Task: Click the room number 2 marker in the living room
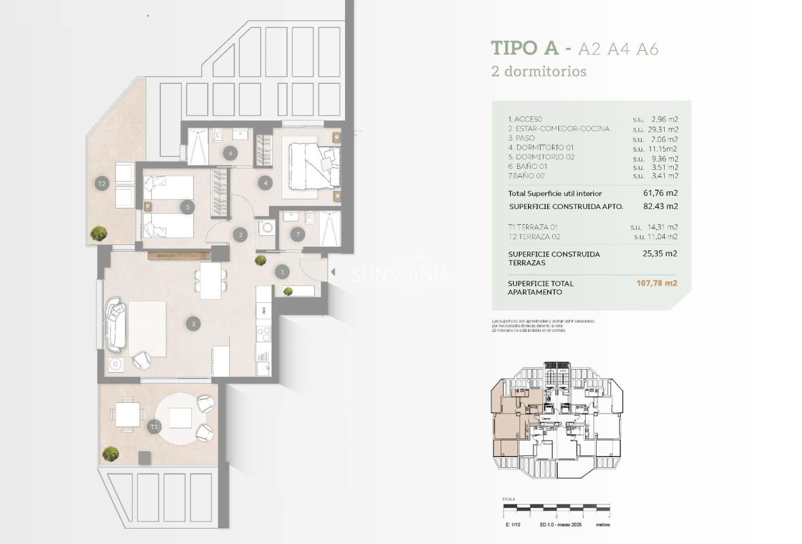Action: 194,324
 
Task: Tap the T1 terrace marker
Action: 154,427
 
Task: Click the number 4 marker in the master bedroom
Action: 264,182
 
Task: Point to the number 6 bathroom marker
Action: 230,153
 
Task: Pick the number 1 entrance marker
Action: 282,272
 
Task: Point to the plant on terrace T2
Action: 98,232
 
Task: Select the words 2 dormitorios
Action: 538,71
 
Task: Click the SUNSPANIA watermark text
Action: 401,275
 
